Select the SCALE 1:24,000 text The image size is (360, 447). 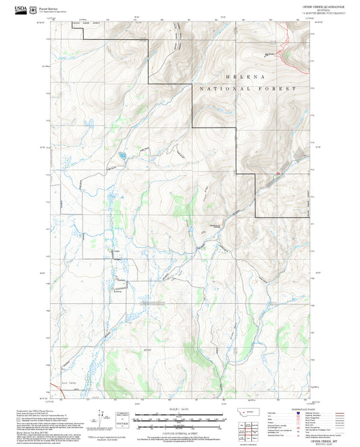180,409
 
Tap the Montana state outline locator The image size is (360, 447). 250,411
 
